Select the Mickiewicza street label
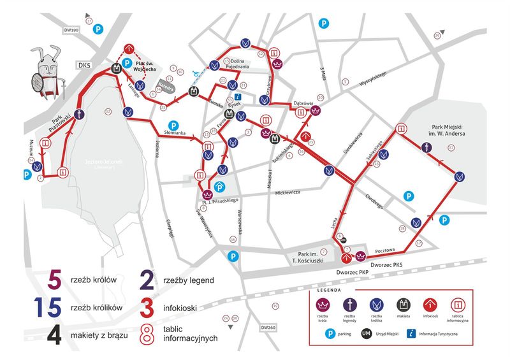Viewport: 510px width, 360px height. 288,192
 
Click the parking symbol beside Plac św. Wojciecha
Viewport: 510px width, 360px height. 127,63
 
